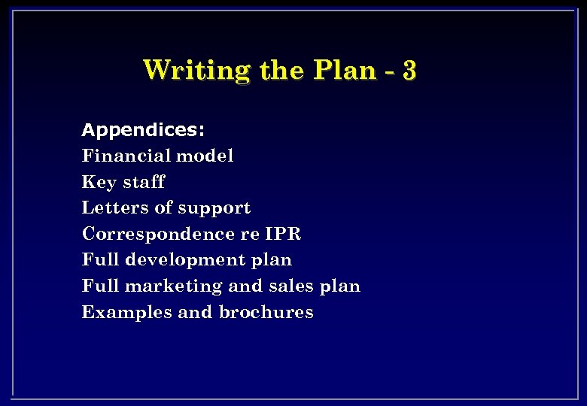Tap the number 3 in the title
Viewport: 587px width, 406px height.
pos(409,70)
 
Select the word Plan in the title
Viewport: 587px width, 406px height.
pos(342,70)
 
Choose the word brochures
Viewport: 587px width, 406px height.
pos(266,312)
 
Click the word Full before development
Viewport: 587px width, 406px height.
pos(100,260)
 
